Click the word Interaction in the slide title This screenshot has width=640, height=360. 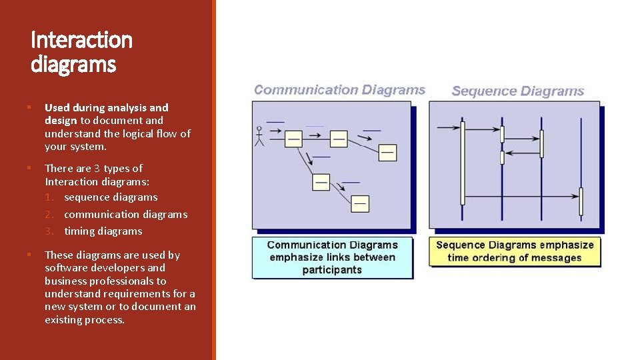[x=81, y=41]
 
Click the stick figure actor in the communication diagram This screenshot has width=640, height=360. [x=259, y=136]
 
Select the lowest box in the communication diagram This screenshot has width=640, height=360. [x=360, y=203]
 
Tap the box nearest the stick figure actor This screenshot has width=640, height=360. [x=293, y=139]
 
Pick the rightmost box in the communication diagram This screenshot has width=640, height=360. [x=387, y=152]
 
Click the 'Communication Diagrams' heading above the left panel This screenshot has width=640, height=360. [x=339, y=90]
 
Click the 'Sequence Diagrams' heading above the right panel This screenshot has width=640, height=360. [x=517, y=91]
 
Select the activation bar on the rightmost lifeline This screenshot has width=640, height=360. [x=581, y=201]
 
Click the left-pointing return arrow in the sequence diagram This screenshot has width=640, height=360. [x=522, y=153]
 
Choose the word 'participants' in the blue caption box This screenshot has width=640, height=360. [x=332, y=270]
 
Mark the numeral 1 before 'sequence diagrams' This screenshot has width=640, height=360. [x=48, y=197]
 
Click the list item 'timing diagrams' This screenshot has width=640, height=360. [x=103, y=231]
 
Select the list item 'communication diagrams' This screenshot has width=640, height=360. [x=125, y=215]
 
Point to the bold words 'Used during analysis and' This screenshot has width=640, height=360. [x=107, y=107]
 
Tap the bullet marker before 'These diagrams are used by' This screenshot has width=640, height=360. [x=29, y=255]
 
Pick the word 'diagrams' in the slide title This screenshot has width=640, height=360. [x=73, y=65]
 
